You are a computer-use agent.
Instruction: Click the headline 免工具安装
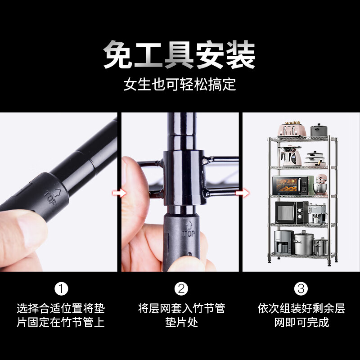click(x=180, y=55)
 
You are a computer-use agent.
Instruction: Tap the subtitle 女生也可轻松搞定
click(x=180, y=84)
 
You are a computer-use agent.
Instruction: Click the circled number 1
click(x=61, y=288)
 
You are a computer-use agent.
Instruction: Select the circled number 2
click(x=181, y=288)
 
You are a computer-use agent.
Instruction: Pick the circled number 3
click(x=301, y=288)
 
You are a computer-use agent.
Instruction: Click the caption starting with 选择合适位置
click(x=61, y=315)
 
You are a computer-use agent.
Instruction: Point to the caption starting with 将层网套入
click(x=181, y=315)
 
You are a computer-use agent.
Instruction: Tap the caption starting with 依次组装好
click(x=301, y=315)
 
